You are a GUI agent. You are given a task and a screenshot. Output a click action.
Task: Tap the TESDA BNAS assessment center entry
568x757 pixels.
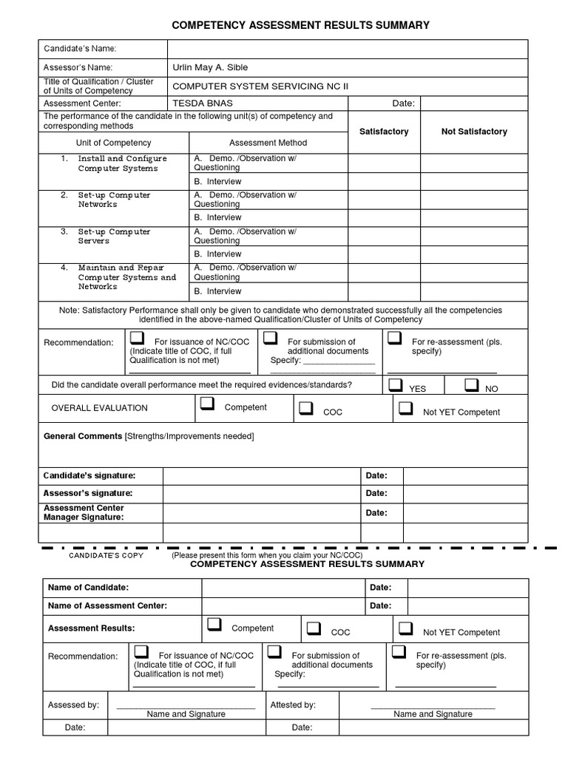coord(197,103)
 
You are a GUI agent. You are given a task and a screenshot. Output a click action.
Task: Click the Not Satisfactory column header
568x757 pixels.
coord(474,132)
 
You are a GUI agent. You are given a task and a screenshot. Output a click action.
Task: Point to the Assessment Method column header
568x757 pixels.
coord(268,143)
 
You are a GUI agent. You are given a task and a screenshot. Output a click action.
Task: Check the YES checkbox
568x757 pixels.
coord(396,385)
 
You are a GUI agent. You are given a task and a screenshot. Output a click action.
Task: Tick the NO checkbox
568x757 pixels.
coord(472,385)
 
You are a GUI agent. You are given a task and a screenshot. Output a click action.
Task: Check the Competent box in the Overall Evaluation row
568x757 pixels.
coord(207,404)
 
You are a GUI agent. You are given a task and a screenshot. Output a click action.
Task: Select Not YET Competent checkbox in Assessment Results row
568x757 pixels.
coord(405,628)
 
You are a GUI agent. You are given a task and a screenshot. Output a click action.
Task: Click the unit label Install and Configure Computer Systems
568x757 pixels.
coord(123,163)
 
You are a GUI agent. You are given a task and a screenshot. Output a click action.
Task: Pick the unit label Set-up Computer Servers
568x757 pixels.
coord(115,236)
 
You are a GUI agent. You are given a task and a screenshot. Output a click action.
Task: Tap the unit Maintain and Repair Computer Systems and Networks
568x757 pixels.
coord(126,276)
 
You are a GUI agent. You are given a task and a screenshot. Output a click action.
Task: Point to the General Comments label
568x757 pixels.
coord(83,436)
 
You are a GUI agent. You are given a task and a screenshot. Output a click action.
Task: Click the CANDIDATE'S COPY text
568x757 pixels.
coord(106,554)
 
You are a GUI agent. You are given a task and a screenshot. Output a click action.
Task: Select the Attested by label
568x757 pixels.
coord(293,705)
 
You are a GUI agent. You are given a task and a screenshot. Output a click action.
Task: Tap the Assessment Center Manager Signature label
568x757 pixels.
coord(84,512)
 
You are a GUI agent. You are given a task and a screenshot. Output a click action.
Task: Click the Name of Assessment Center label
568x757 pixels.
coord(107,605)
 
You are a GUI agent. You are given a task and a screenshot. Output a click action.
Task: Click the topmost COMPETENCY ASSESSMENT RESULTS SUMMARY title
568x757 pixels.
coord(300,25)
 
